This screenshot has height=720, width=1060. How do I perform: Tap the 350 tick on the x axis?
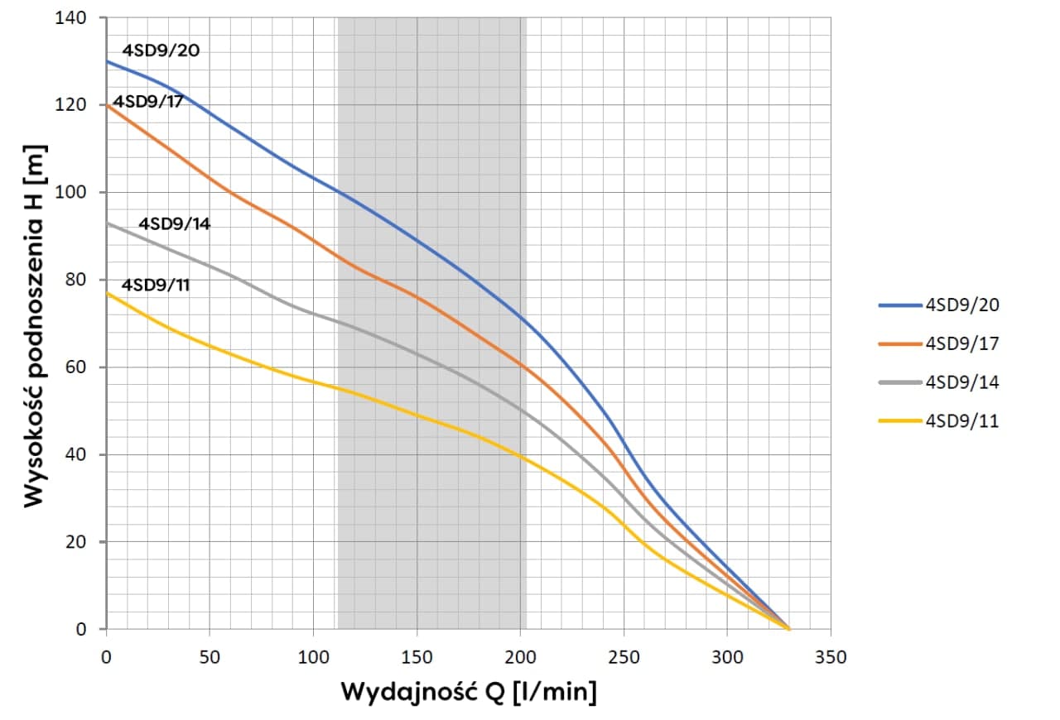(x=831, y=657)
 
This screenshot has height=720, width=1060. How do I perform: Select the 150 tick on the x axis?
(x=417, y=657)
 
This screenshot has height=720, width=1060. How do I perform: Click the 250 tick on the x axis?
(x=624, y=657)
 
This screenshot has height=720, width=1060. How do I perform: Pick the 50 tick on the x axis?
(x=210, y=657)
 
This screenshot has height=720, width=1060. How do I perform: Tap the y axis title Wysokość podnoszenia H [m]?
(x=33, y=325)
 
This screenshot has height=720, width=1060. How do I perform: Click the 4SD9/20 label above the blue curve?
(x=161, y=50)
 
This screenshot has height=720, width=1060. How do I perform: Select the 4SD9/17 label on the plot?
(x=148, y=102)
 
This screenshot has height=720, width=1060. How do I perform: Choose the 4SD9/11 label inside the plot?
(x=157, y=285)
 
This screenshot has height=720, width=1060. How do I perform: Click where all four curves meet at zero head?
(x=789, y=629)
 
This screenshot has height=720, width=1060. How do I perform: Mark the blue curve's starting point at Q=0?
(x=107, y=61)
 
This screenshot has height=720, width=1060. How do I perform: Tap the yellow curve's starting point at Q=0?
(x=107, y=293)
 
